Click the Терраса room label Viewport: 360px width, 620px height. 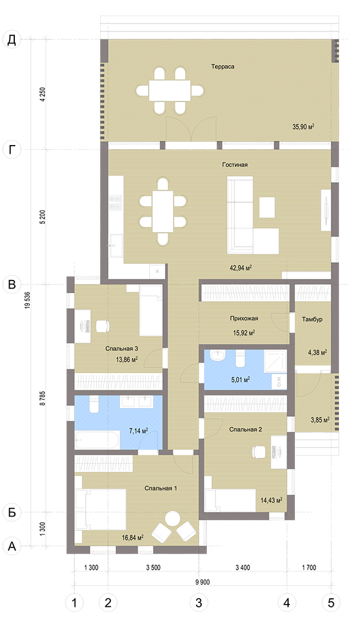223,66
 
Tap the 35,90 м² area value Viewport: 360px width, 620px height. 303,127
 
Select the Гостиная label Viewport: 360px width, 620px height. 235,165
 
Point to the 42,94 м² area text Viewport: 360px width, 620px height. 241,267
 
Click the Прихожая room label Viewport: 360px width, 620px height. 244,318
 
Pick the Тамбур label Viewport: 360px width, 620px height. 312,319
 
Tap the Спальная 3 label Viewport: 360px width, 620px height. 122,349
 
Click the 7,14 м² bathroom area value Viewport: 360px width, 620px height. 138,431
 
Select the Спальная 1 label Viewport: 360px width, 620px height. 161,489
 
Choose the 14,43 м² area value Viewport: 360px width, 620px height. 271,500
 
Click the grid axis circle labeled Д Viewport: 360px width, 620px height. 12,39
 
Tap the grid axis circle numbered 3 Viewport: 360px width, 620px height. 199,603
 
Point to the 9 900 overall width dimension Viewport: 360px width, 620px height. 202,582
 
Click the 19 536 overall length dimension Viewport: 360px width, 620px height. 27,301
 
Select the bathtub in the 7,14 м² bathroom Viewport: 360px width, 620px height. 97,440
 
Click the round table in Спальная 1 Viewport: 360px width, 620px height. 173,518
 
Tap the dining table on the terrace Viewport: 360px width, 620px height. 170,91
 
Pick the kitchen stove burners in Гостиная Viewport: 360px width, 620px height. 115,202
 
